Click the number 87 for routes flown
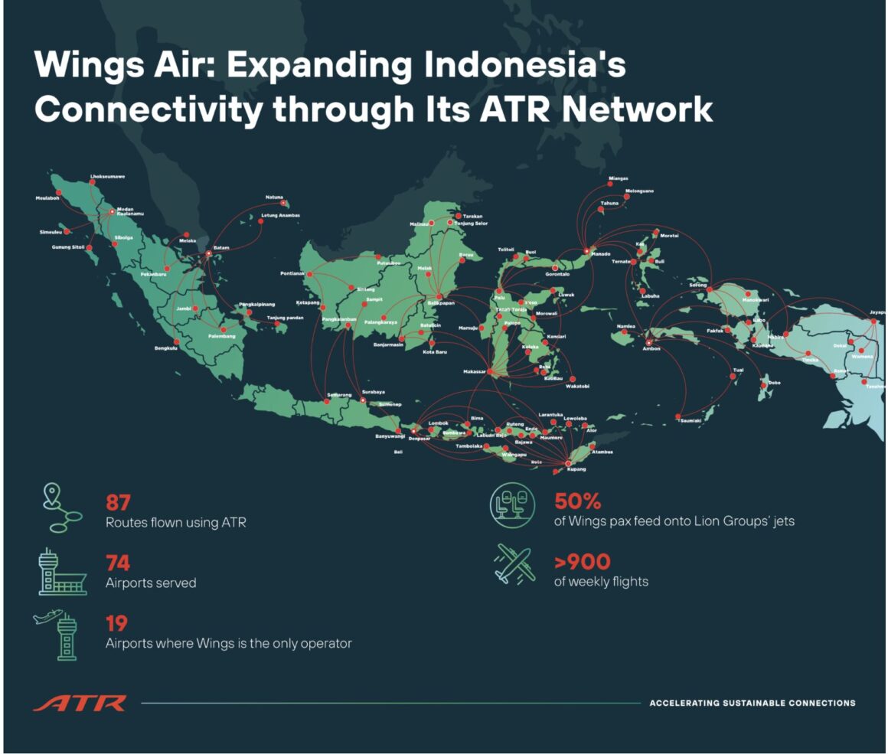pos(118,503)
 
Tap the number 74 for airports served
pos(118,563)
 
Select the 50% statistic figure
pos(577,502)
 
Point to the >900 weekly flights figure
pos(582,563)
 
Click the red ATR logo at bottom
pos(80,703)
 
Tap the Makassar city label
pos(475,371)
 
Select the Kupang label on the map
pos(576,468)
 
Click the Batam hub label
pos(221,247)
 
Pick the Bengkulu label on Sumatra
pos(166,348)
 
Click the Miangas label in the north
pos(618,178)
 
